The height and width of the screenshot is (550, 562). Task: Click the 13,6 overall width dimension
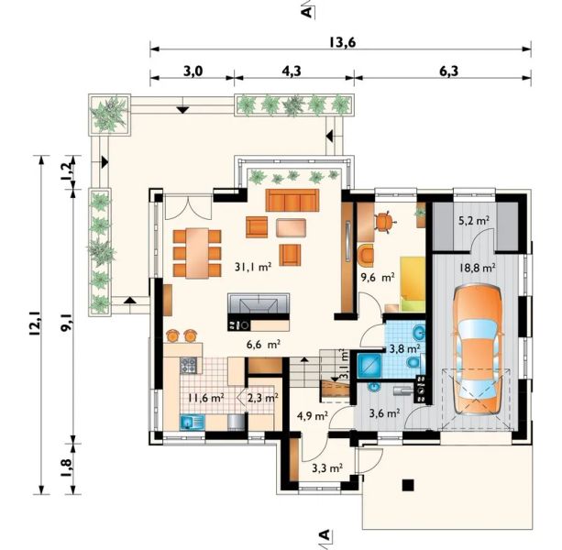[x=342, y=43]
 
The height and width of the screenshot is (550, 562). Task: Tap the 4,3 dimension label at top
[x=291, y=71]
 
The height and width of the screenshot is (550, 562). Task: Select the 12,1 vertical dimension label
[x=35, y=324]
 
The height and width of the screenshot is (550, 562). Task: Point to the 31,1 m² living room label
[x=253, y=267]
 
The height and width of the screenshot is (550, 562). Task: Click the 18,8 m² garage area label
[x=477, y=268]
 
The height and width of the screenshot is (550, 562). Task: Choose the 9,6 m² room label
[x=378, y=277]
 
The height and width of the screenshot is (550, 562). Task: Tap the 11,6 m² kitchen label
[x=206, y=398]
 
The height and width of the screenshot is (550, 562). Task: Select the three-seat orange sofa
[x=292, y=201]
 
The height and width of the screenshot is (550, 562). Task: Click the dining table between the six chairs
[x=197, y=253]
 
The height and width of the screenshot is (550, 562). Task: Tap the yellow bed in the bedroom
[x=413, y=284]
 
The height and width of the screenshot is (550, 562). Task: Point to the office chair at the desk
[x=384, y=222]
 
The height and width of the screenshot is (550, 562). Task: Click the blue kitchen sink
[x=192, y=422]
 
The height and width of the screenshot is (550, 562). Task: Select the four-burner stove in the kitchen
[x=189, y=365]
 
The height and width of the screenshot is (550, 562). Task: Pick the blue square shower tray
[x=369, y=366]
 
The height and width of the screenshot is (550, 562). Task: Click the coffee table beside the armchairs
[x=291, y=228]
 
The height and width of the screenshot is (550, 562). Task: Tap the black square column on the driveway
[x=408, y=485]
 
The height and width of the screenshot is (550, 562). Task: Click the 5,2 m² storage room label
[x=475, y=221]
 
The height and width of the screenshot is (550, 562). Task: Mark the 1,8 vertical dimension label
[x=67, y=467]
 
